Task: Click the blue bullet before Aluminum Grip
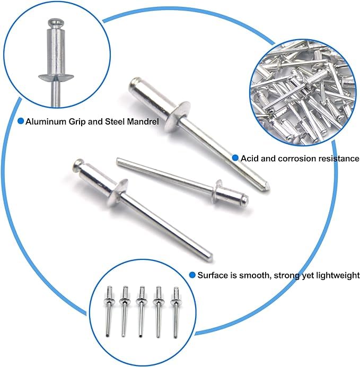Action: coord(21,121)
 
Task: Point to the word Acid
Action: coord(250,158)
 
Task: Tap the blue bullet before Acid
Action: coord(235,158)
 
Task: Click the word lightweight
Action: coord(337,275)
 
